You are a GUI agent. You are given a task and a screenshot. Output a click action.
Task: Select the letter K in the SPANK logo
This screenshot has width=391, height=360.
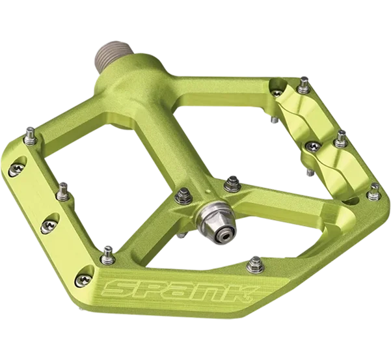click(x=241, y=293)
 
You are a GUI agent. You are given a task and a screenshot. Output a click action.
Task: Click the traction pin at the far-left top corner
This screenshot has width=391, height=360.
click(x=31, y=136)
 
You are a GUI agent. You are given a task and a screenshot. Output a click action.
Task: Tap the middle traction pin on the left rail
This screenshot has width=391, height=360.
click(x=63, y=191)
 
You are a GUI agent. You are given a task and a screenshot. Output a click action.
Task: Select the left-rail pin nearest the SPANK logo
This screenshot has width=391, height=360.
click(x=108, y=255)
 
